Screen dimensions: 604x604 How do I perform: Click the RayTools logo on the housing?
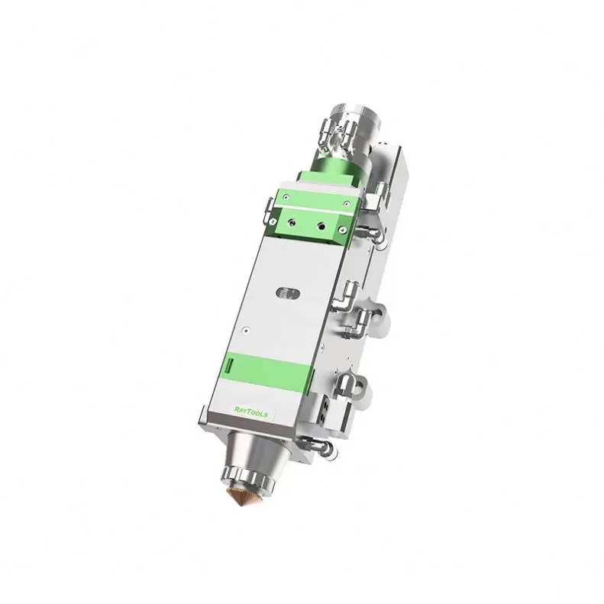pyautogui.click(x=253, y=412)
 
